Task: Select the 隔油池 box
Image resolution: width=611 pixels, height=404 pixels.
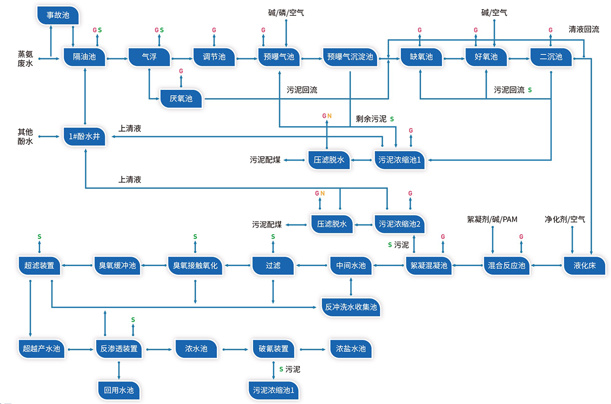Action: (x=85, y=57)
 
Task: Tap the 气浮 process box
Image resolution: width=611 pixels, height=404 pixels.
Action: (x=149, y=57)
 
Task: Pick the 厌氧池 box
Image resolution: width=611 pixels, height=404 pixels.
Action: (x=181, y=98)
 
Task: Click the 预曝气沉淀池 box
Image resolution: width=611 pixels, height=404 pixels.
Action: (x=350, y=57)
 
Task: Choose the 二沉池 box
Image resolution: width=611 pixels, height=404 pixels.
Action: (x=551, y=57)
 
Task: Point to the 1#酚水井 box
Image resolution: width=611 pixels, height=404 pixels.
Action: (x=85, y=137)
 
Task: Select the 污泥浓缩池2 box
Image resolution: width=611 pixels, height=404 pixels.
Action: (x=400, y=224)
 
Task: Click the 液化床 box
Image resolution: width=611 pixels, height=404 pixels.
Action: (x=584, y=265)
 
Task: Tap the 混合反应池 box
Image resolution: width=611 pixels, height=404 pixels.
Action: (x=506, y=265)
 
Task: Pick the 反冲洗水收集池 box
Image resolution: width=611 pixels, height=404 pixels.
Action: (x=351, y=308)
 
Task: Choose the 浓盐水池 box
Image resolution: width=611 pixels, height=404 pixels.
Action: (x=351, y=349)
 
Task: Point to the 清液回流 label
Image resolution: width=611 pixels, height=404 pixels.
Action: (x=584, y=30)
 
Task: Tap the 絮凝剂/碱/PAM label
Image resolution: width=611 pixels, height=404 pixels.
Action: (x=492, y=220)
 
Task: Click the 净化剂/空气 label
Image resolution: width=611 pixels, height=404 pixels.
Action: (x=565, y=220)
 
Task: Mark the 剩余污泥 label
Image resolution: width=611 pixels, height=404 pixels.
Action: (x=371, y=119)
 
